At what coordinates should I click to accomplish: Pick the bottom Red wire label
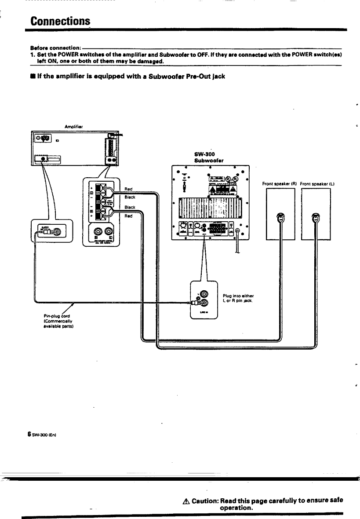pos(129,216)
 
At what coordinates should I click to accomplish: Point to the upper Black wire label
pos(130,197)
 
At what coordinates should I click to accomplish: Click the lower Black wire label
pos(130,207)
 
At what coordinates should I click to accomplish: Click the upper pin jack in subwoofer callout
pos(204,294)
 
